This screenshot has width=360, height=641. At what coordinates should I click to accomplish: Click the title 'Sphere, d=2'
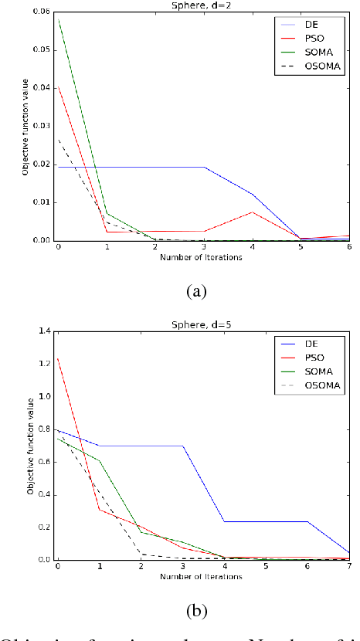202,5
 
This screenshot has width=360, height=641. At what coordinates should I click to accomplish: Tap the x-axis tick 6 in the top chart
350,248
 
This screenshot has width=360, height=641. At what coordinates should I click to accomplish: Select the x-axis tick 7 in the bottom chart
350,568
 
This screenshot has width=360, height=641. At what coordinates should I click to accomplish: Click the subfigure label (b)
197,610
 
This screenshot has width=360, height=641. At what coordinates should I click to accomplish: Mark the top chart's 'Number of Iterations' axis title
202,257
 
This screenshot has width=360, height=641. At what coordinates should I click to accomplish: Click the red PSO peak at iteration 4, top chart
252,212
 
